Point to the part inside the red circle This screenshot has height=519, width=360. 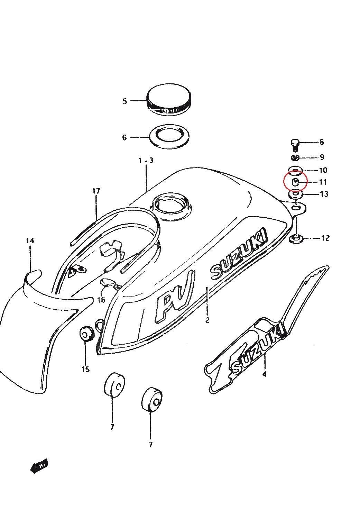(x=295, y=182)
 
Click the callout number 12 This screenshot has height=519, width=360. (x=325, y=238)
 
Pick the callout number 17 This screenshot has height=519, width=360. (x=96, y=191)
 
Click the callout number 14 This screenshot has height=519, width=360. (x=30, y=240)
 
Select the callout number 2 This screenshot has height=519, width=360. (x=207, y=320)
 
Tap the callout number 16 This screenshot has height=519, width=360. (x=101, y=300)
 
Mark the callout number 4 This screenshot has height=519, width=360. (x=265, y=374)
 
